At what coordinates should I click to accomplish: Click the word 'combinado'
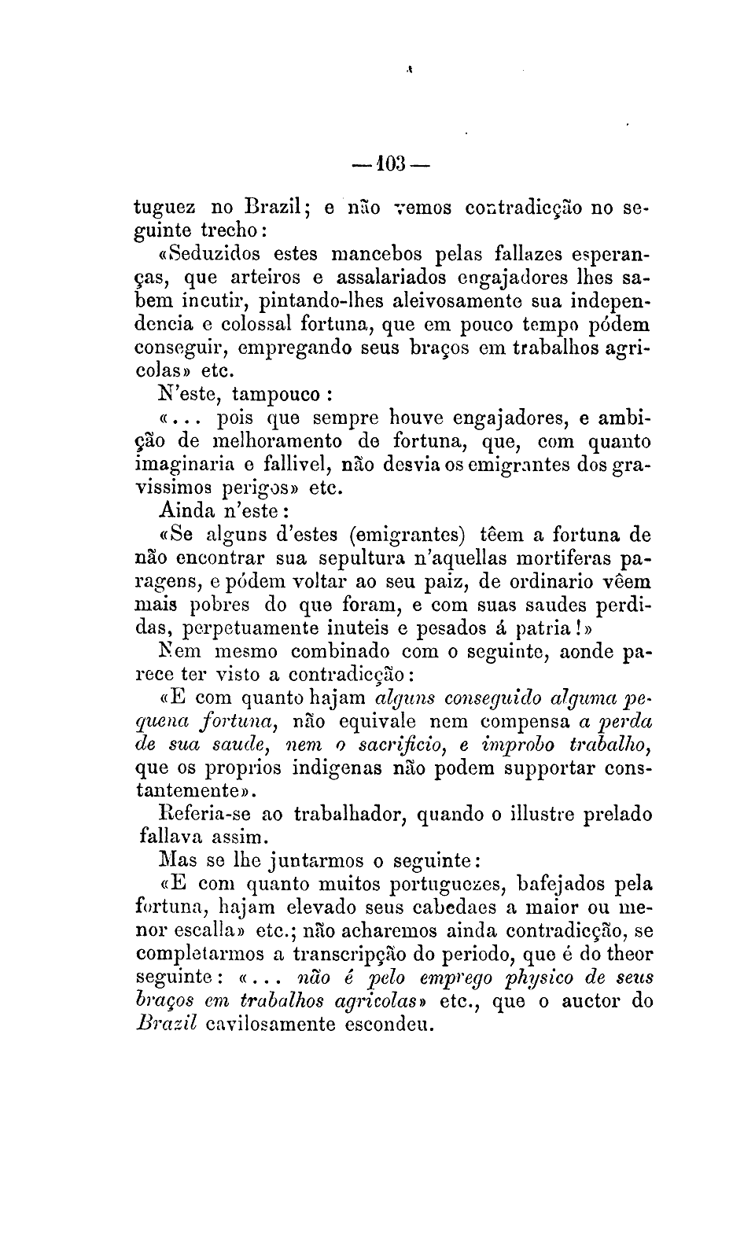343,652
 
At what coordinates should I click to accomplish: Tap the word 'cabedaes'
447,907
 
